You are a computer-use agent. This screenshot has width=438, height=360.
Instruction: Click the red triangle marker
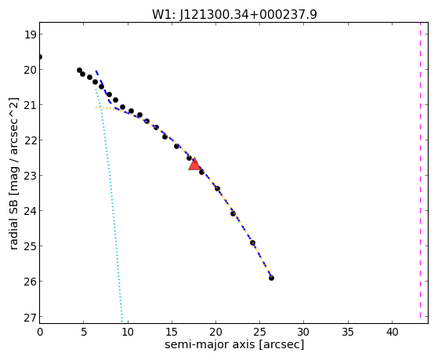[x=194, y=164]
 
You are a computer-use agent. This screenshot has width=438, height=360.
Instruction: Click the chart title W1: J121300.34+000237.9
[x=234, y=14]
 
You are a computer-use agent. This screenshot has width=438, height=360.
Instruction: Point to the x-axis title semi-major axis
[x=234, y=344]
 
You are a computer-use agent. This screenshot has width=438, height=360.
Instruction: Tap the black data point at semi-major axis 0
[x=40, y=57]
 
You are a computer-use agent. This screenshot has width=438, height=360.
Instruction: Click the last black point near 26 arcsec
[x=271, y=278]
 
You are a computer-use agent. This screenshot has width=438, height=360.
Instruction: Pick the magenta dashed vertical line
[x=420, y=170]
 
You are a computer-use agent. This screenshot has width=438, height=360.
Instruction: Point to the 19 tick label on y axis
[x=31, y=35]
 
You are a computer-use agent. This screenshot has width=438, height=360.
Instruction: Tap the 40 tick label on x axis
[x=392, y=332]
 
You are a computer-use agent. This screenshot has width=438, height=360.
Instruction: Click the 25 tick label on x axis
[x=260, y=332]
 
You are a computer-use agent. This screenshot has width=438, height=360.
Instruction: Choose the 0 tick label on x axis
[x=40, y=332]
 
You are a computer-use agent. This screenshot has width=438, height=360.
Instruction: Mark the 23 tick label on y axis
[x=31, y=176]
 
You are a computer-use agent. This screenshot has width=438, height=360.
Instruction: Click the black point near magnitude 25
[x=252, y=242]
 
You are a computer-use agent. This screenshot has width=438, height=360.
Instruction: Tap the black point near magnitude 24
[x=233, y=213]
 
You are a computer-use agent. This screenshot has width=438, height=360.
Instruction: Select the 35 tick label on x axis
[x=348, y=332]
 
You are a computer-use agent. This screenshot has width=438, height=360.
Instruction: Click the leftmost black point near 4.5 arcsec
[x=79, y=70]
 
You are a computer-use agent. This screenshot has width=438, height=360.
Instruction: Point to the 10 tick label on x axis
[x=128, y=332]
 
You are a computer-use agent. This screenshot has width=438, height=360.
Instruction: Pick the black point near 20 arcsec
[x=217, y=188]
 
